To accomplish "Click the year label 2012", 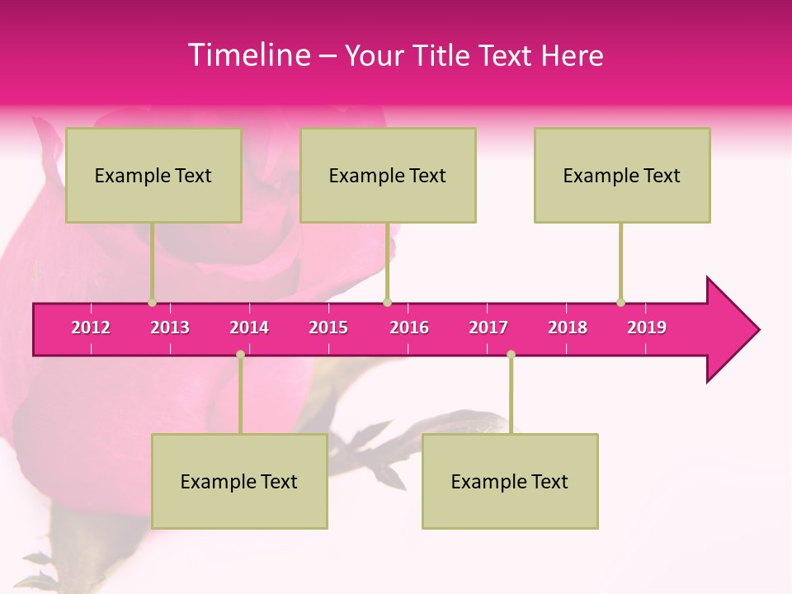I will (x=91, y=328).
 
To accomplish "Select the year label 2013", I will (x=170, y=328).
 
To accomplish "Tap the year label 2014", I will (x=249, y=328).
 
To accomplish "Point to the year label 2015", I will (x=328, y=328).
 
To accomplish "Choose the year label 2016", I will (x=409, y=328).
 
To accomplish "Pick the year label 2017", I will (x=488, y=328).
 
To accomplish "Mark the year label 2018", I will (x=568, y=328).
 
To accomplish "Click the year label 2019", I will (x=647, y=328).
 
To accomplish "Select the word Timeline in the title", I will (x=247, y=55).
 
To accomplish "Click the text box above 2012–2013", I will (x=153, y=175).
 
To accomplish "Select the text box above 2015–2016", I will (x=388, y=175).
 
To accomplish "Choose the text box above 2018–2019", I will (x=622, y=175).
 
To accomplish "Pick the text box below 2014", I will (x=239, y=481).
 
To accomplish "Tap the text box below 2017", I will (x=510, y=481).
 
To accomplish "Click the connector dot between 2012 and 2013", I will (x=152, y=303).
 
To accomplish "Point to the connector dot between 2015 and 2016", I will (x=388, y=303).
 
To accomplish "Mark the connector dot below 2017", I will (x=511, y=355).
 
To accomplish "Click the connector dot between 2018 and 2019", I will (x=621, y=303).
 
